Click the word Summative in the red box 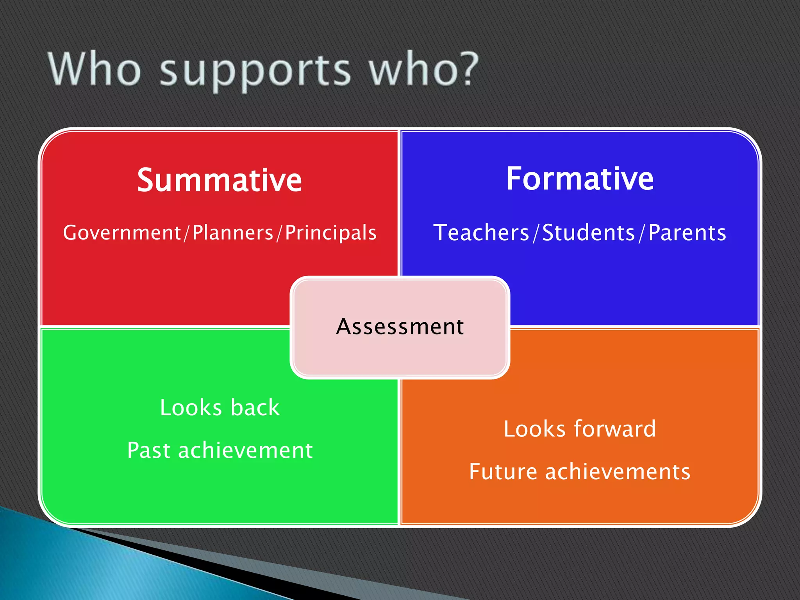coord(219,180)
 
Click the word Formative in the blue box coord(580,179)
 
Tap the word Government coord(122,233)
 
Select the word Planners coord(233,233)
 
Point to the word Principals coord(330,233)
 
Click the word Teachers coord(481,233)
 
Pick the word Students coord(589,233)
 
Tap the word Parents coord(687,233)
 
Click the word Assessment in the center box coord(400,327)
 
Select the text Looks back coord(220,408)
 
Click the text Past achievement coord(220,450)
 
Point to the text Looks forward coord(580,429)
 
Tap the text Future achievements coord(580,471)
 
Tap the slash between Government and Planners coord(187,233)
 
